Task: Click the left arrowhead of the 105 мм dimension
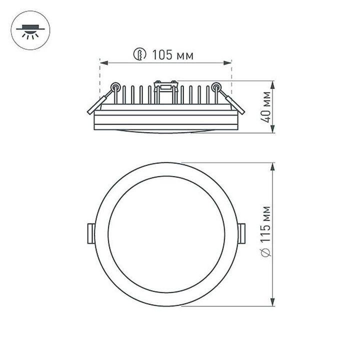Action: tap(102, 62)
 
